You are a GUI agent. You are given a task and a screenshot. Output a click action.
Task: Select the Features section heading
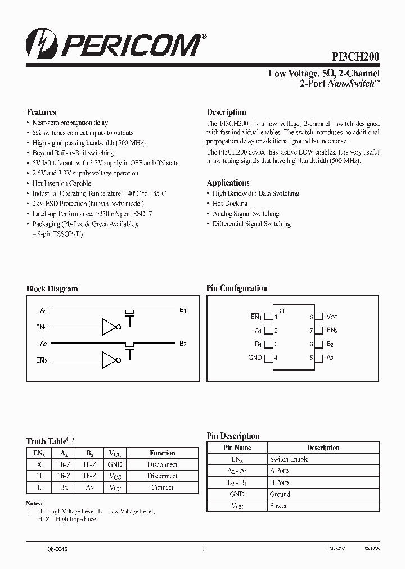point(42,112)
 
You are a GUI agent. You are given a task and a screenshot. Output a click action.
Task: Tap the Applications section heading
point(228,183)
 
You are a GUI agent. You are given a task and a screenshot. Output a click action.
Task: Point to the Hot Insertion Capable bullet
point(61,183)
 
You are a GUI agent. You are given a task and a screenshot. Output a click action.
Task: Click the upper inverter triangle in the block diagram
point(109,327)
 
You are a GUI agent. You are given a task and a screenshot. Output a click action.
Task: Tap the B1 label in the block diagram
point(183,310)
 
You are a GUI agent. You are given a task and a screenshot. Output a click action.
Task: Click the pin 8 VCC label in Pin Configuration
point(332,317)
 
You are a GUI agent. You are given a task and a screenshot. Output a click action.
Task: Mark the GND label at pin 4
point(255,358)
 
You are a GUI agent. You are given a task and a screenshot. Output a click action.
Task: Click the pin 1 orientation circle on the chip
point(282,311)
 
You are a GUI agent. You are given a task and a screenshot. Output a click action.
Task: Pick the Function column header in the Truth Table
point(163,453)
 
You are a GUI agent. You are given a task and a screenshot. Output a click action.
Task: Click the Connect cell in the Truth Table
point(163,487)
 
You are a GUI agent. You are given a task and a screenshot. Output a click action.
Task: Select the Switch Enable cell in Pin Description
point(289,459)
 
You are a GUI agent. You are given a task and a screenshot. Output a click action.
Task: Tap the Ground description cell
point(280,494)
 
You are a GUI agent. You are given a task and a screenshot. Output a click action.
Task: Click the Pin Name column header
point(237,448)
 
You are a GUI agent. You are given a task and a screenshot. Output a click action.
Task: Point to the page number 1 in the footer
point(203,549)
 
